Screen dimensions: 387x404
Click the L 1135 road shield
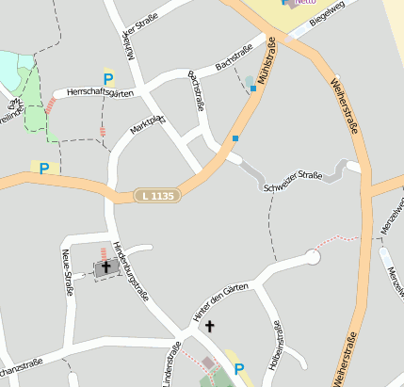click(155, 196)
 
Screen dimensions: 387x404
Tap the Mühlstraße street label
click(265, 66)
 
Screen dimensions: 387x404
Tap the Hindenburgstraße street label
click(131, 266)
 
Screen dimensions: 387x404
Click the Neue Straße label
click(67, 272)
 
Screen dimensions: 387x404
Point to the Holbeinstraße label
click(277, 344)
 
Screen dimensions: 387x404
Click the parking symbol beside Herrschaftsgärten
click(108, 80)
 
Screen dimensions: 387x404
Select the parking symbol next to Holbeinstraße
click(238, 369)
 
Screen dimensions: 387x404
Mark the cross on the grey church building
click(105, 267)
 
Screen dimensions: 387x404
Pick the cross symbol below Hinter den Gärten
click(209, 327)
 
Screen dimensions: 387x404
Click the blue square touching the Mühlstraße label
click(252, 89)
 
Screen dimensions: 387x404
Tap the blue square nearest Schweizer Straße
click(235, 139)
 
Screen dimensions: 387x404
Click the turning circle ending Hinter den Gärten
click(313, 257)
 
